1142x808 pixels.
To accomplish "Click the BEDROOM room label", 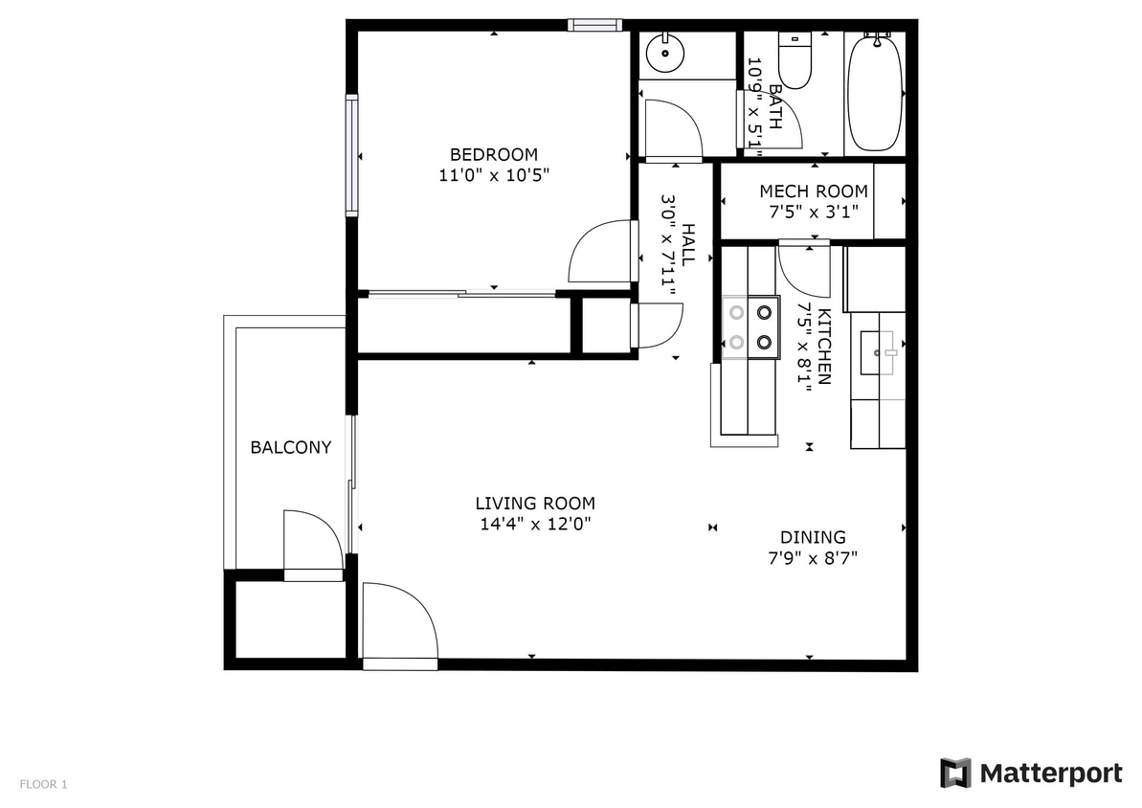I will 494,154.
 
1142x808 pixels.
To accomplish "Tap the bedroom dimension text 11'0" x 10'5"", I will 494,175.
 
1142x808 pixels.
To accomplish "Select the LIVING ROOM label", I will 535,504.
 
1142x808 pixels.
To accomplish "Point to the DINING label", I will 813,537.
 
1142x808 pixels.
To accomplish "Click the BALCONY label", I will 291,447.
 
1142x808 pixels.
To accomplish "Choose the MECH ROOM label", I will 814,191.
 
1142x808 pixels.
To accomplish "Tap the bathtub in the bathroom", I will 874,94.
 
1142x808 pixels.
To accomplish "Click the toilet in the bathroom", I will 795,61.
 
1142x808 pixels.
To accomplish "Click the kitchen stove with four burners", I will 750,326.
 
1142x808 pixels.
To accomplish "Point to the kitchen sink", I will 879,352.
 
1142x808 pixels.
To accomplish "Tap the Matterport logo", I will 1031,773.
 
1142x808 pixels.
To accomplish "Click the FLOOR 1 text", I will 43,785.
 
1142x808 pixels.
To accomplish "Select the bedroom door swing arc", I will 601,252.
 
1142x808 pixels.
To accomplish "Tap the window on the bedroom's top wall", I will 594,25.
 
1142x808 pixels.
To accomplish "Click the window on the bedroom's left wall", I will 351,155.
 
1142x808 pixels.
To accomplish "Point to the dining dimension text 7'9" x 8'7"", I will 813,558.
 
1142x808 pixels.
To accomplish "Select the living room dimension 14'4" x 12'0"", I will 535,525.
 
